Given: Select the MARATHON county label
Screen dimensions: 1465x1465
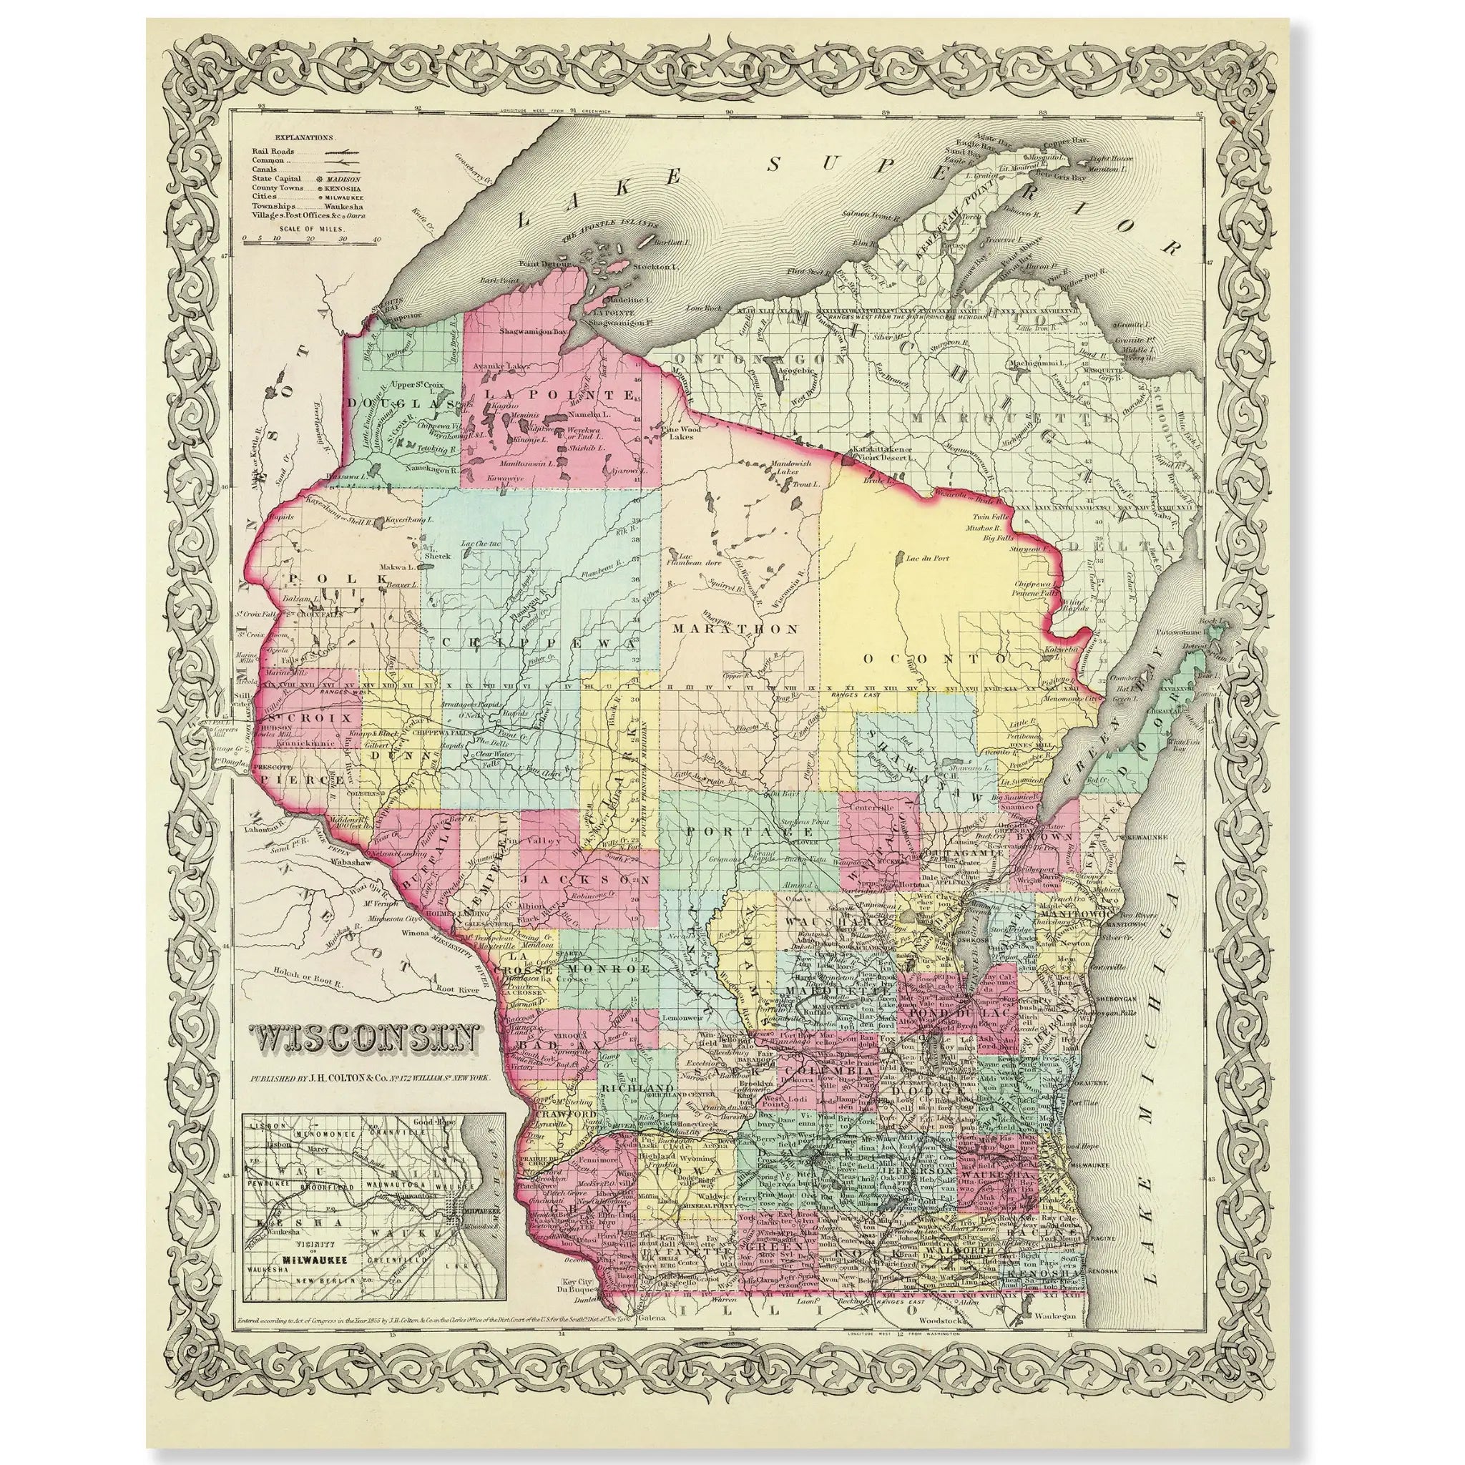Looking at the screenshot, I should click(x=735, y=629).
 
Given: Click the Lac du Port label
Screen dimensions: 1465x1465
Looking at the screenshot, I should click(x=922, y=557).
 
